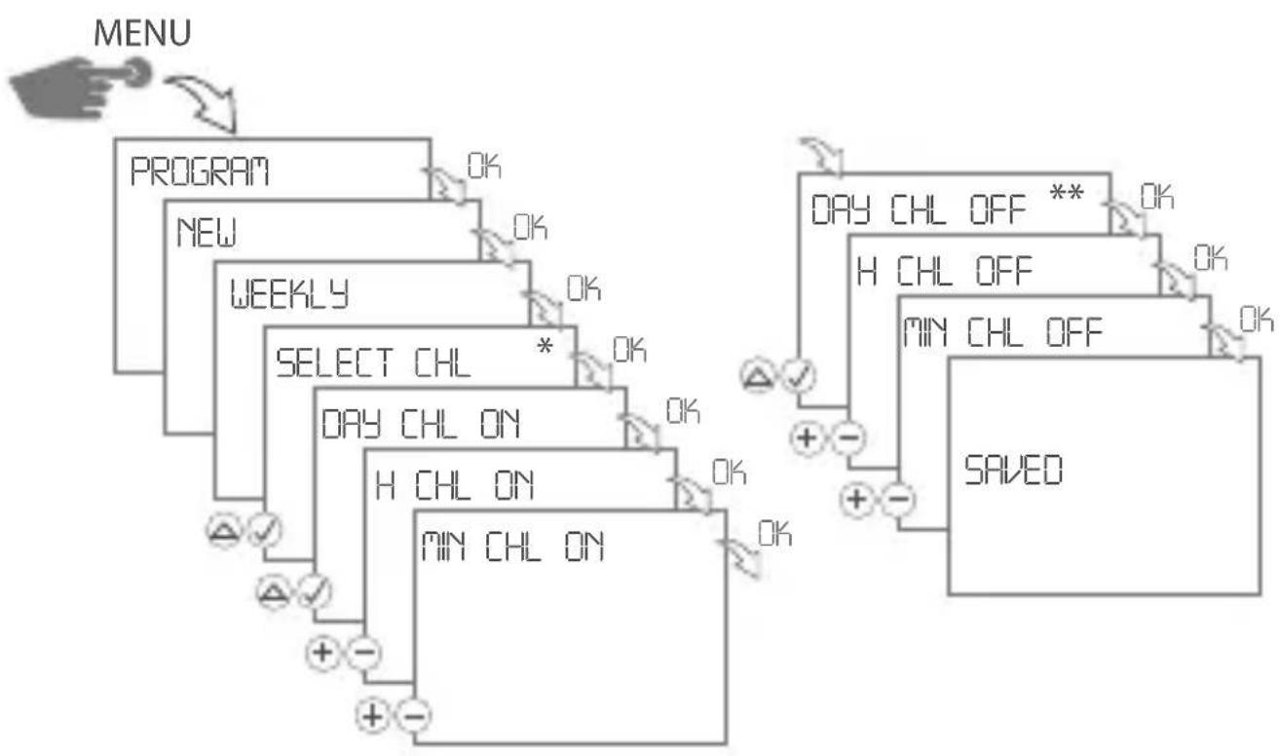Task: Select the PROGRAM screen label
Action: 201,174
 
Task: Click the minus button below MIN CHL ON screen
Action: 413,718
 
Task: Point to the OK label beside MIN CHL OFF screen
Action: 1257,319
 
